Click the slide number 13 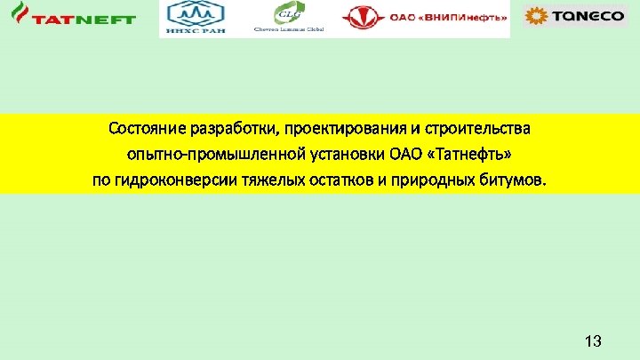coord(593,341)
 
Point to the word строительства coord(477,129)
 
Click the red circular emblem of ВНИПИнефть coord(359,18)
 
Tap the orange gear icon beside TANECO coord(537,16)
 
